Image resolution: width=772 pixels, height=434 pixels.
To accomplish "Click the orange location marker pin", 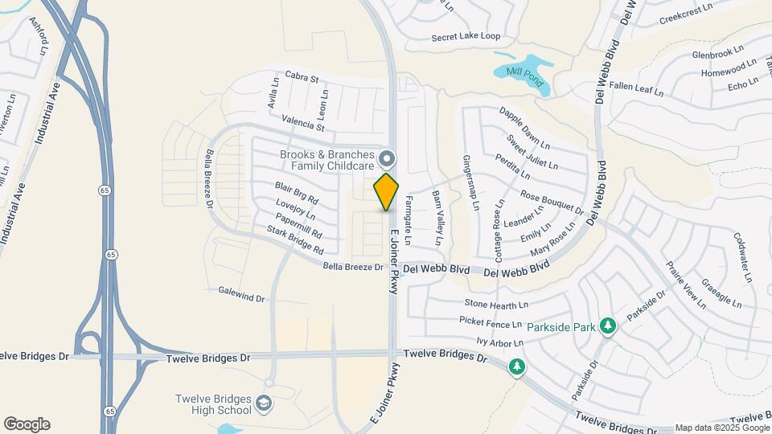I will pyautogui.click(x=386, y=191).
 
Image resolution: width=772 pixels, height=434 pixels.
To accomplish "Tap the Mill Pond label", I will pyautogui.click(x=525, y=77).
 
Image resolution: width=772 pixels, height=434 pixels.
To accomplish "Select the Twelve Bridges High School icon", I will pyautogui.click(x=264, y=402).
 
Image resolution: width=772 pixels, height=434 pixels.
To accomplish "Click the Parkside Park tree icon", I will pyautogui.click(x=609, y=325).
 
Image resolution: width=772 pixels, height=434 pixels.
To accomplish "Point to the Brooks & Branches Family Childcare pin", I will pyautogui.click(x=387, y=158).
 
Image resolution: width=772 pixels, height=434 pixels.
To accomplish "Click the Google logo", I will pyautogui.click(x=27, y=424).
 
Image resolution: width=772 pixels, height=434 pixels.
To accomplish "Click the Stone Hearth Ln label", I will pyautogui.click(x=496, y=305).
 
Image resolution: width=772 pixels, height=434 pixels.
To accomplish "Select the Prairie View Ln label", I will pyautogui.click(x=685, y=286).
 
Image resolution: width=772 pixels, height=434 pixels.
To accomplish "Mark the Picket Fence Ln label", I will pyautogui.click(x=492, y=323).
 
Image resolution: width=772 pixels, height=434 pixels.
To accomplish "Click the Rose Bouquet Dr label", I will pyautogui.click(x=552, y=203).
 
